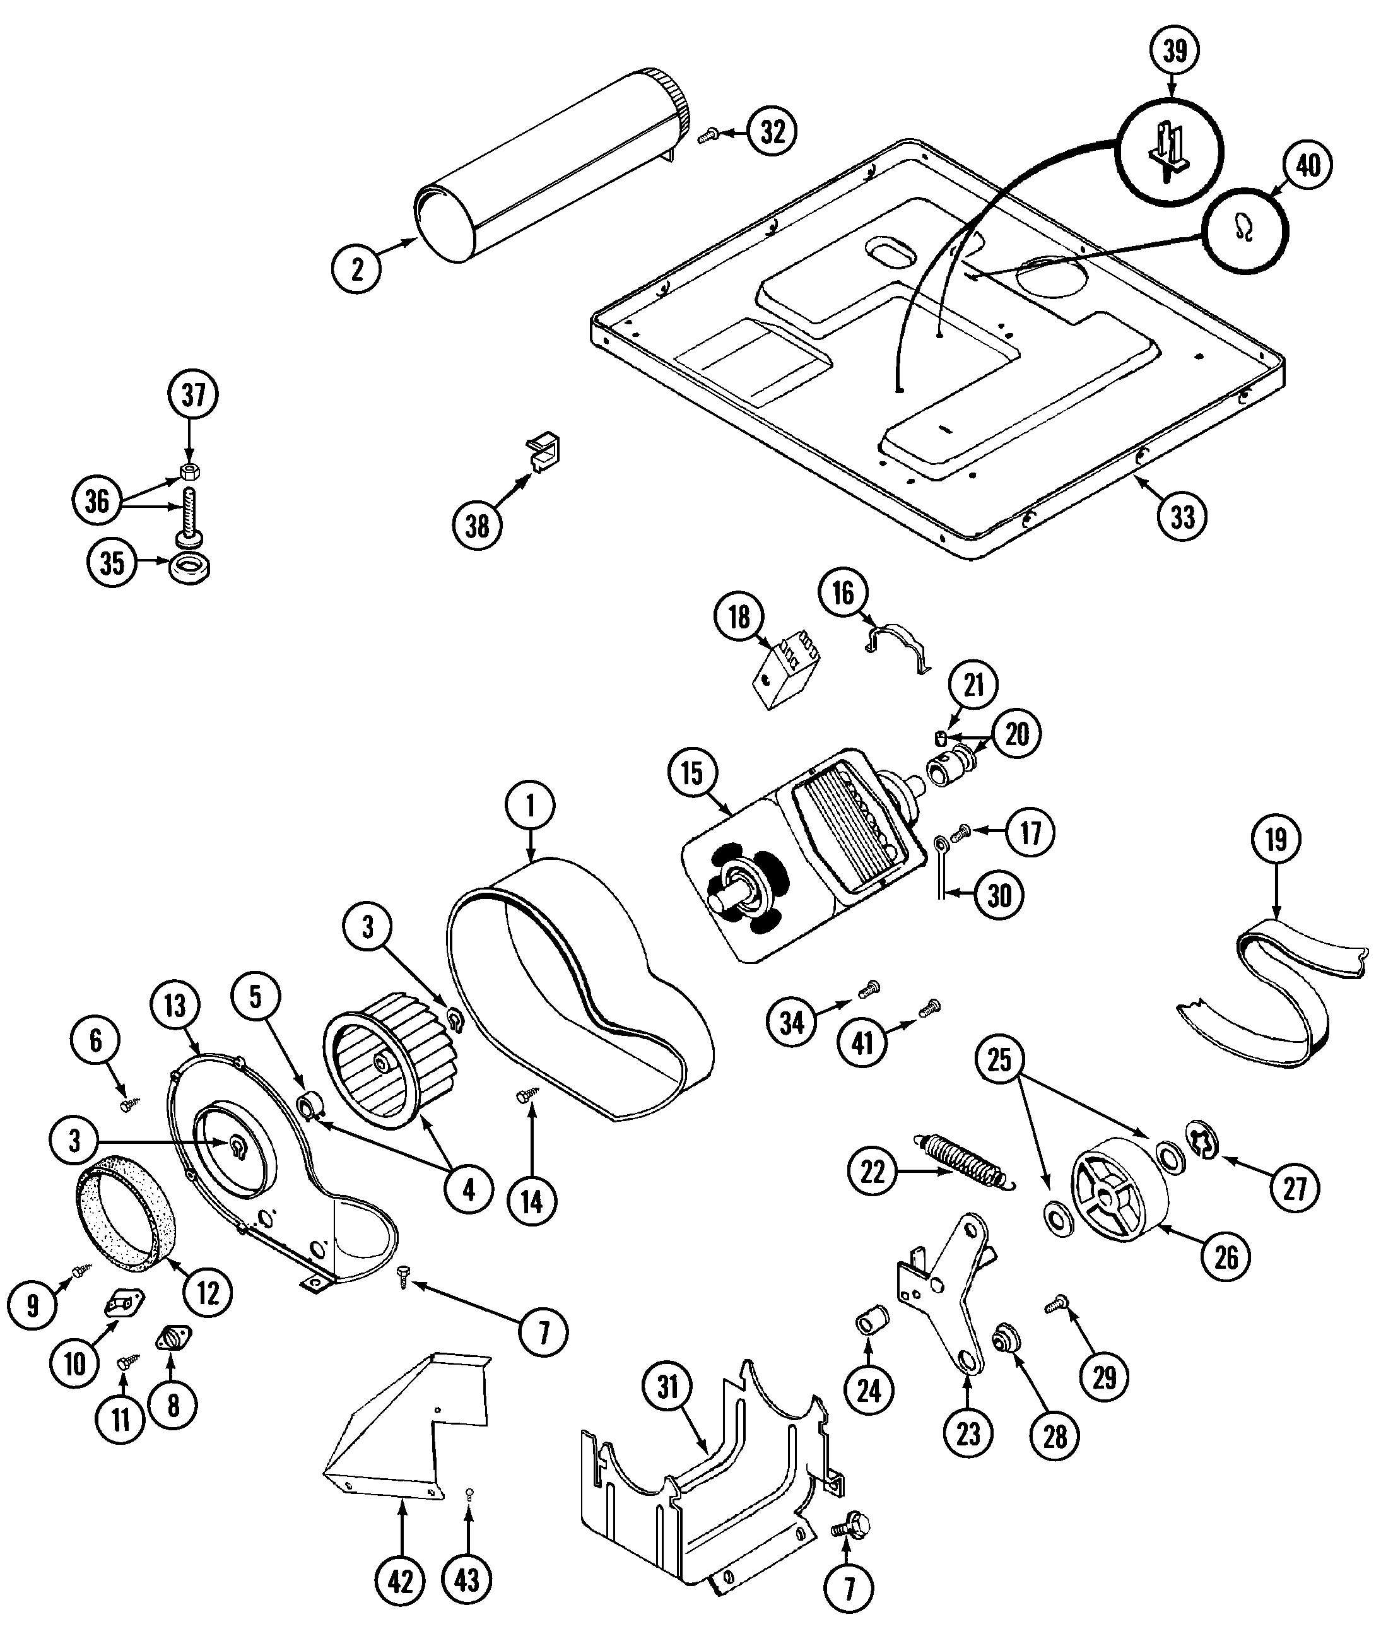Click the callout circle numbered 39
[x=1174, y=50]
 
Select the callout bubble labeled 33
[x=1182, y=517]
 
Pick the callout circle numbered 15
[x=693, y=773]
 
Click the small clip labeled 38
[x=545, y=452]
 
